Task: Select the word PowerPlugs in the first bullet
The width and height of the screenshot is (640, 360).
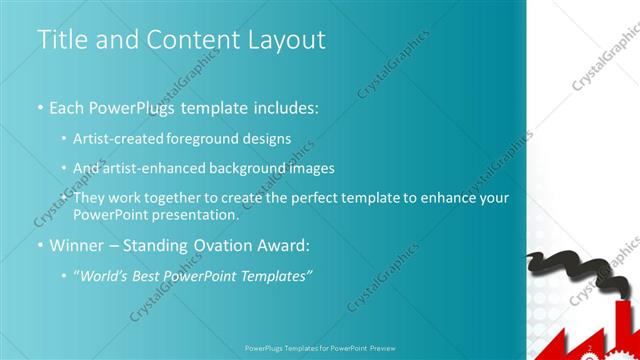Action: (135, 106)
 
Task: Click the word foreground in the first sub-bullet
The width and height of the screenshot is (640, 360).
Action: (216, 138)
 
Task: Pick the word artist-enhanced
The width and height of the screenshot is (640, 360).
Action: (153, 168)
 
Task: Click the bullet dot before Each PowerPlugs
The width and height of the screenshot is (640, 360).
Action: (40, 107)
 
